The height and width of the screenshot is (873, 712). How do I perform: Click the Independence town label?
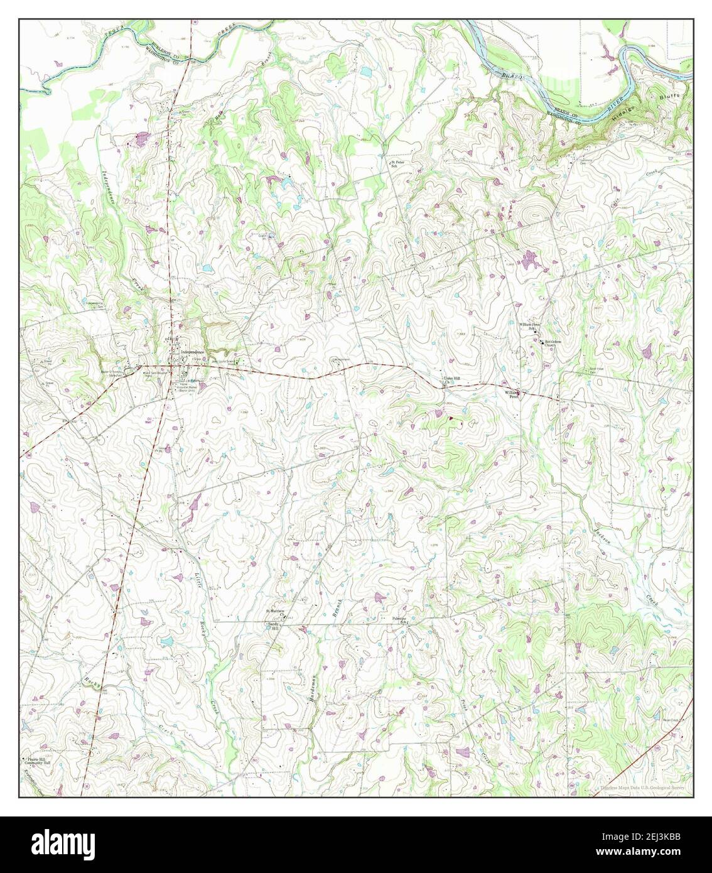pyautogui.click(x=193, y=353)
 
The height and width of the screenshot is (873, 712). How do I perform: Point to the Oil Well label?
pyautogui.click(x=149, y=420)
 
